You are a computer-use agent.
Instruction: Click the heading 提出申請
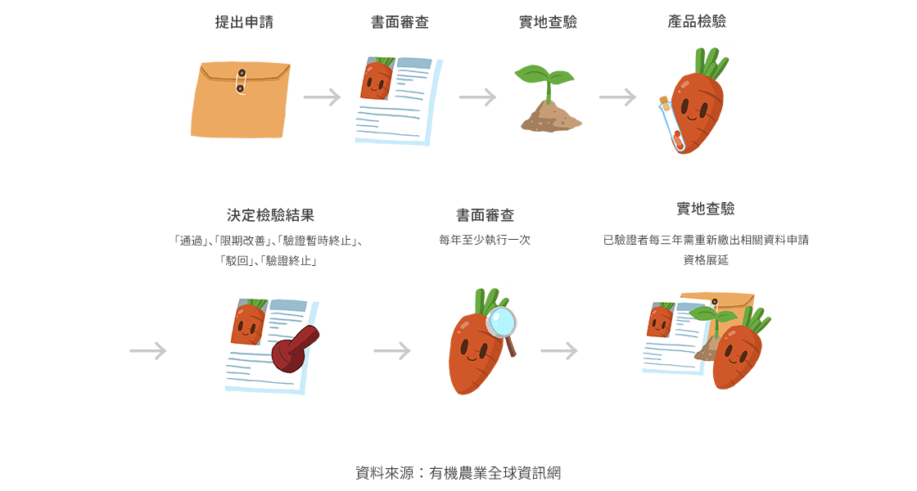[244, 22]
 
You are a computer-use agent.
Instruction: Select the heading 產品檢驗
[697, 21]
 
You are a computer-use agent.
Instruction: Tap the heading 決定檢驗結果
[270, 215]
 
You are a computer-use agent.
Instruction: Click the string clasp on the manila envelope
[240, 80]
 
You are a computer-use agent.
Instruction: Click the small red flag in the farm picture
[557, 101]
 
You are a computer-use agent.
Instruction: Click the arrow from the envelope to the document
[321, 97]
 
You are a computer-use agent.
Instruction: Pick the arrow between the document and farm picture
[477, 97]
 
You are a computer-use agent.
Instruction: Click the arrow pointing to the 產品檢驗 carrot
[617, 97]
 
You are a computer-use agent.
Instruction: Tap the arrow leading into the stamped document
[148, 351]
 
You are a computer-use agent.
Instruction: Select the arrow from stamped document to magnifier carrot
[392, 351]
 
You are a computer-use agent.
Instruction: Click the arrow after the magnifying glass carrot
[559, 351]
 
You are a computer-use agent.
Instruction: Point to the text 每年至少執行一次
[485, 241]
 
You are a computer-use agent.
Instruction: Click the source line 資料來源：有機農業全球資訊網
[458, 473]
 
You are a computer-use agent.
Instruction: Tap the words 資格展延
[705, 259]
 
